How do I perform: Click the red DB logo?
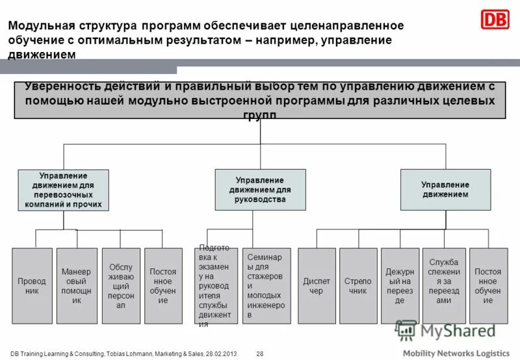coord(495,19)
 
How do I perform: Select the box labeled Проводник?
coord(32,286)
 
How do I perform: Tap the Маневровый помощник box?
coord(76,286)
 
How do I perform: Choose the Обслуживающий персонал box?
coord(121,286)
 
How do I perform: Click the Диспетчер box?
coord(317,286)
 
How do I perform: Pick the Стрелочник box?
coord(358,286)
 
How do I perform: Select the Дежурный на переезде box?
coord(400,286)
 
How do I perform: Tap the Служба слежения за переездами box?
coord(444,286)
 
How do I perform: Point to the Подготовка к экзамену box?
coord(216,286)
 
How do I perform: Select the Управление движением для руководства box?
coord(260,189)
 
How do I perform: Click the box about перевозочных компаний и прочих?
coord(63,190)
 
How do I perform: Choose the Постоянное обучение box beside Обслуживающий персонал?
coord(163,286)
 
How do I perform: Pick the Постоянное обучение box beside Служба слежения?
coord(488,286)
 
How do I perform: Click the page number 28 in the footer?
coord(260,353)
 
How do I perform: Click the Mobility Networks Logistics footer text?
coord(456,352)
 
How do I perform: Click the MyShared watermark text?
coord(458,330)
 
